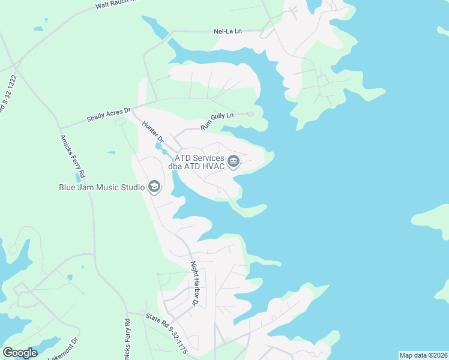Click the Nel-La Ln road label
point(228,31)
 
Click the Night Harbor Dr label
point(194,283)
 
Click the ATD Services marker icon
point(234,161)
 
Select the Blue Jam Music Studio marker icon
point(154,187)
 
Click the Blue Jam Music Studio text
point(101,187)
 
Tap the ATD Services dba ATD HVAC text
point(199,162)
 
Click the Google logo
point(20,353)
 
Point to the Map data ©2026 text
point(423,355)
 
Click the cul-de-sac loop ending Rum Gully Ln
point(250,114)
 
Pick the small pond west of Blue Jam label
point(78,177)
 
